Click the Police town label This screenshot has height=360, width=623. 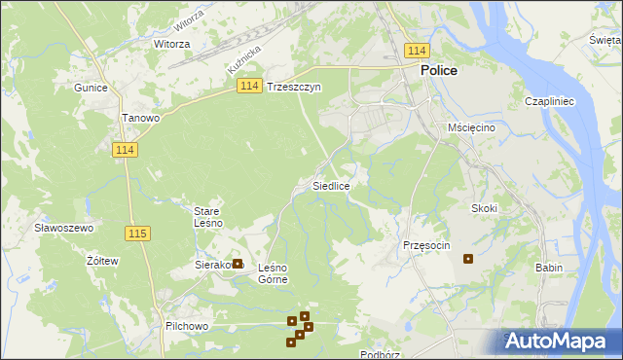pos(439,71)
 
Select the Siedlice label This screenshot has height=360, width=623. pos(331,185)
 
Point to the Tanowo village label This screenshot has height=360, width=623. pos(140,118)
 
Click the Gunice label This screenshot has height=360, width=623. pos(90,87)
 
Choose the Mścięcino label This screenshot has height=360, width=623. pos(472,127)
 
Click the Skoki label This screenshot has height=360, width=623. pos(484,208)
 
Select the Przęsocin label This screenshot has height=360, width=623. pos(426,245)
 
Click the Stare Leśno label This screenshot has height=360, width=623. pos(208,217)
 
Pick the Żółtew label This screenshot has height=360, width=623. pos(102,261)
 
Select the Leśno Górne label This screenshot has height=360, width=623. pos(273,273)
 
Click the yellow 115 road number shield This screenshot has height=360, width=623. pos(137,234)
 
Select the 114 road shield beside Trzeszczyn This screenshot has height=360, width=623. pos(248,87)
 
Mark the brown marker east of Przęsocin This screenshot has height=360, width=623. pos(468,259)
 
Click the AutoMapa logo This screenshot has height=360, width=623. pos(559,341)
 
